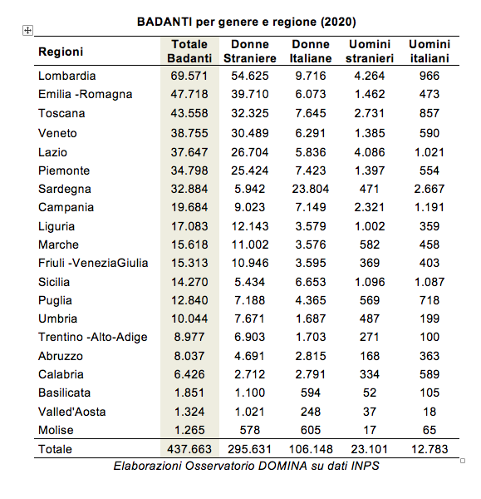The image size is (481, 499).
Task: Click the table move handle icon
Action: click(27, 31)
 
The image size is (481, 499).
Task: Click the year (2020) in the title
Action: click(338, 22)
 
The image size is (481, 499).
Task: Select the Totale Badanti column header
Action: click(189, 52)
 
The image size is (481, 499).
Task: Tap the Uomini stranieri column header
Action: click(370, 52)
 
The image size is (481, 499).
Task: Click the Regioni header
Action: click(61, 52)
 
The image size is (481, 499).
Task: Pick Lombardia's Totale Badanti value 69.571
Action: click(189, 76)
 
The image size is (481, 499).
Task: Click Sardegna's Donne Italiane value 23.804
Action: click(311, 189)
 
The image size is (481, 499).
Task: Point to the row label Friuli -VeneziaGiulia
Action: click(93, 263)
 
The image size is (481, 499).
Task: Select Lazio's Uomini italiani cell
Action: click(429, 152)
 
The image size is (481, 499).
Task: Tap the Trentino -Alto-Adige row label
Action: click(93, 337)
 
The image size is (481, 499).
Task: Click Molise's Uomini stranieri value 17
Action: click(370, 430)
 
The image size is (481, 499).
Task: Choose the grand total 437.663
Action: click(189, 449)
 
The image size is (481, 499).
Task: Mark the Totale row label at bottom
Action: click(55, 449)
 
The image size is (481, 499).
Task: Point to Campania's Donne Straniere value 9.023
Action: click(249, 207)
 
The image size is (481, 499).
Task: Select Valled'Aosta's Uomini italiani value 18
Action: click(429, 412)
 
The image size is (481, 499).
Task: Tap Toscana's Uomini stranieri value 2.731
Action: click(370, 113)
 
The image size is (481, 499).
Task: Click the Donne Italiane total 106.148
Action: click(311, 449)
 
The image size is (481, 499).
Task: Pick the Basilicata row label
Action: click(64, 393)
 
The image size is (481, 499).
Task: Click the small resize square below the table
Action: click(463, 461)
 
